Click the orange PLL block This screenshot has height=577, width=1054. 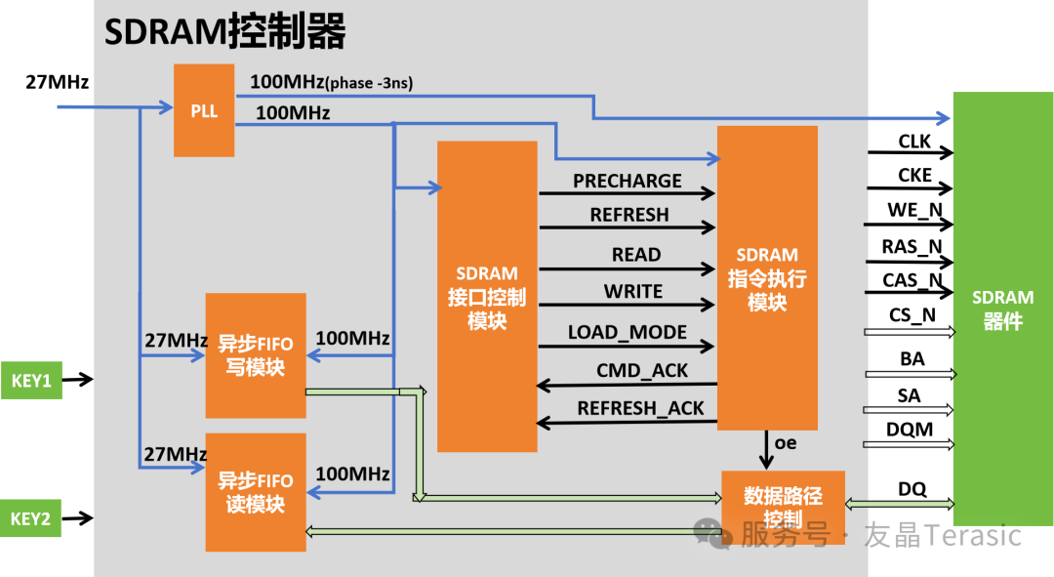(x=204, y=110)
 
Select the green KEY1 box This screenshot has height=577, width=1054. (x=31, y=380)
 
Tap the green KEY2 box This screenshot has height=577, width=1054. (x=31, y=518)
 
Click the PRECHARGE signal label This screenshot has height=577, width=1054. (x=627, y=181)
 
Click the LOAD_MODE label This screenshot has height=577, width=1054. (x=628, y=332)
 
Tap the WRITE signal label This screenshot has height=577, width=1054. (x=632, y=292)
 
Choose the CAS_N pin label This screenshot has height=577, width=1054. (x=913, y=280)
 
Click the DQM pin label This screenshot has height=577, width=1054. (x=910, y=430)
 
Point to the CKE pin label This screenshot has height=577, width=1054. (x=914, y=176)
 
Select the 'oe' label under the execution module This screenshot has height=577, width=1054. (x=785, y=443)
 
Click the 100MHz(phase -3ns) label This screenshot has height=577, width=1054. (x=331, y=83)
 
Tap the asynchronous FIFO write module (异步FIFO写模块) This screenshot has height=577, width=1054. (x=255, y=356)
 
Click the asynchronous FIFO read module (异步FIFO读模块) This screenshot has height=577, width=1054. (x=255, y=493)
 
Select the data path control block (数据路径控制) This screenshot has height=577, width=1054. (x=783, y=506)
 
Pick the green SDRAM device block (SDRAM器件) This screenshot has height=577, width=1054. (x=1002, y=309)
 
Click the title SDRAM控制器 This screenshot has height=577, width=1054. (x=225, y=32)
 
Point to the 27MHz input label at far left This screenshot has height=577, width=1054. (x=57, y=83)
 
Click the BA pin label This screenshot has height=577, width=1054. (x=912, y=359)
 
